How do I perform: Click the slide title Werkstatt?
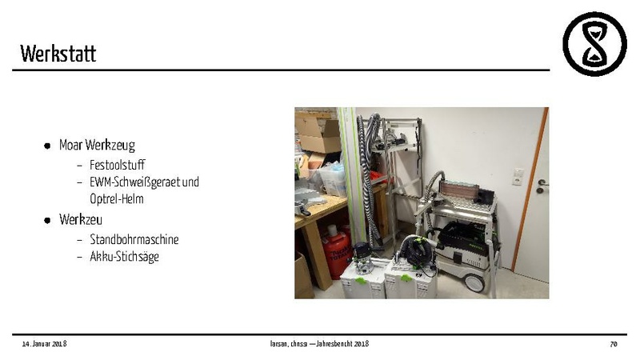click(x=58, y=54)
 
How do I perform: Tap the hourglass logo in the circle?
click(x=594, y=44)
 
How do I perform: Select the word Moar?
click(x=71, y=145)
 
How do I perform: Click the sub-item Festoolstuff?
click(x=117, y=165)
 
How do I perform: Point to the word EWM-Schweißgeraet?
click(x=134, y=182)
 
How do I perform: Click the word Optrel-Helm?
click(x=117, y=199)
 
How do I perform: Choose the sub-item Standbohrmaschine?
click(x=134, y=239)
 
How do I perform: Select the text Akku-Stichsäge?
click(x=125, y=257)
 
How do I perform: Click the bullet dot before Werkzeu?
click(x=47, y=221)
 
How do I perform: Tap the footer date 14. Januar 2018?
click(x=44, y=344)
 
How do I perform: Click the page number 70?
click(x=613, y=344)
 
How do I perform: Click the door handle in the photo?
click(x=542, y=186)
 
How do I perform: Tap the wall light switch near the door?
click(x=518, y=176)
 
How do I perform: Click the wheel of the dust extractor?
click(x=474, y=283)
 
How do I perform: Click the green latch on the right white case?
click(x=406, y=278)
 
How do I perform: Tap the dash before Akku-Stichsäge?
click(x=79, y=257)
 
